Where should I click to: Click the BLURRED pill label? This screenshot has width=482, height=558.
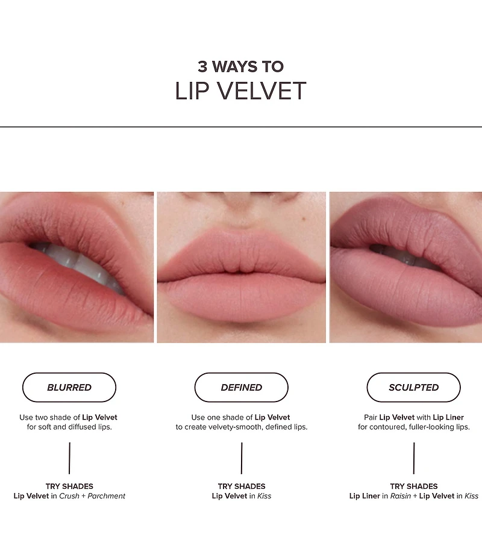(x=69, y=387)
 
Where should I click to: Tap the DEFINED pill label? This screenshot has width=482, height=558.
(x=241, y=387)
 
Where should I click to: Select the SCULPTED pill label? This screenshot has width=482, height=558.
(x=413, y=387)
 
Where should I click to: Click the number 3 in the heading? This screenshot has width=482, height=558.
(x=202, y=67)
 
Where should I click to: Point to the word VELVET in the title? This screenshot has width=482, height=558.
(x=261, y=91)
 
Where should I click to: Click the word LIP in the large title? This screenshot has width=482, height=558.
(x=192, y=91)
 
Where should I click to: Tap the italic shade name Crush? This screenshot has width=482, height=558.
(x=69, y=496)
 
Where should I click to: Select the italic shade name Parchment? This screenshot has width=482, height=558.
(x=106, y=496)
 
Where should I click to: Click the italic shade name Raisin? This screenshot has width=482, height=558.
(x=401, y=496)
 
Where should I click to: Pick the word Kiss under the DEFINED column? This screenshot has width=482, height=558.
(x=264, y=496)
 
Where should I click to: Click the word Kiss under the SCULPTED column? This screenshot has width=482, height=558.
(x=471, y=496)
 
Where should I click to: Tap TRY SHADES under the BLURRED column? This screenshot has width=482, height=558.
(x=69, y=486)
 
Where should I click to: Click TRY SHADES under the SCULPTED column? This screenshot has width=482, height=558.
(x=413, y=486)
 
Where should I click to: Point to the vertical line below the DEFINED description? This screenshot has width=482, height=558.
(x=242, y=458)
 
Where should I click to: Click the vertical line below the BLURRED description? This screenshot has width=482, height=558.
(x=69, y=458)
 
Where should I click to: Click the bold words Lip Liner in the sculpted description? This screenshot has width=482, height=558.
(x=448, y=417)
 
